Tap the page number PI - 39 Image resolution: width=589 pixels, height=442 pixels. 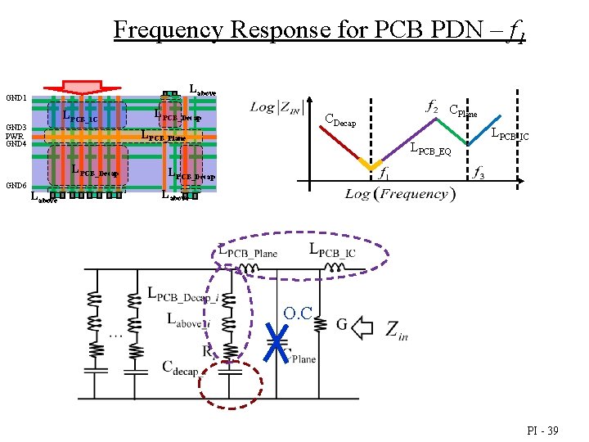tap(543, 429)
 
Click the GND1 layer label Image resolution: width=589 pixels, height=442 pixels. tap(16, 97)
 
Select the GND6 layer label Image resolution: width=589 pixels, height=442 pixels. tap(16, 186)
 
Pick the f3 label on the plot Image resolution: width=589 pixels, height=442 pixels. tap(479, 173)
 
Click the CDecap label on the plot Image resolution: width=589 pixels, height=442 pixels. tap(340, 121)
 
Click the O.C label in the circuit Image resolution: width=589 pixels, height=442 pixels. tap(298, 313)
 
